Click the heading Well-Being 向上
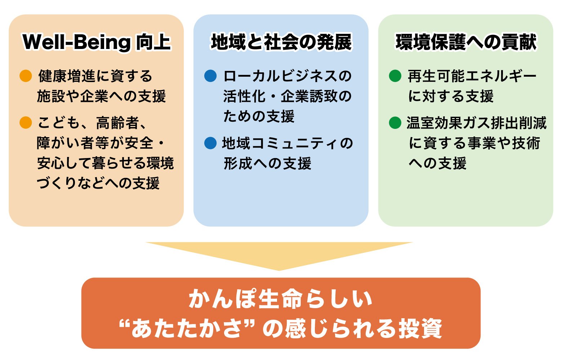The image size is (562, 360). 97,42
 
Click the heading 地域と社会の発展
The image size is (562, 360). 281,42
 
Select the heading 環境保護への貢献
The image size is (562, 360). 466,42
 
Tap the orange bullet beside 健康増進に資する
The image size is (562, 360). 26,76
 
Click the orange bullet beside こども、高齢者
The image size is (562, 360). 26,122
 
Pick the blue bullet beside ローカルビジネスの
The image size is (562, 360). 210,76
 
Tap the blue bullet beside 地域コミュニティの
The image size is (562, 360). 210,143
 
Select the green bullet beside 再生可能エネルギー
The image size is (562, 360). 395,76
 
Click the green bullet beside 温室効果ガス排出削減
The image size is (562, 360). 395,123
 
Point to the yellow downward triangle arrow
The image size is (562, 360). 279,253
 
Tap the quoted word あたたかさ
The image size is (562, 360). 187,328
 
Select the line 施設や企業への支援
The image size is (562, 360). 101,96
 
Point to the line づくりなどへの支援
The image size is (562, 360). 98,183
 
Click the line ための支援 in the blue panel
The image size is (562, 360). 259,116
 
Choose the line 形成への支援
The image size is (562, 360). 267,163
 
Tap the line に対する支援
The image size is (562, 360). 451,96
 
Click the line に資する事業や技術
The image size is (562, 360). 474,143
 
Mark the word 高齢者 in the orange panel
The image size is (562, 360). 117,123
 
